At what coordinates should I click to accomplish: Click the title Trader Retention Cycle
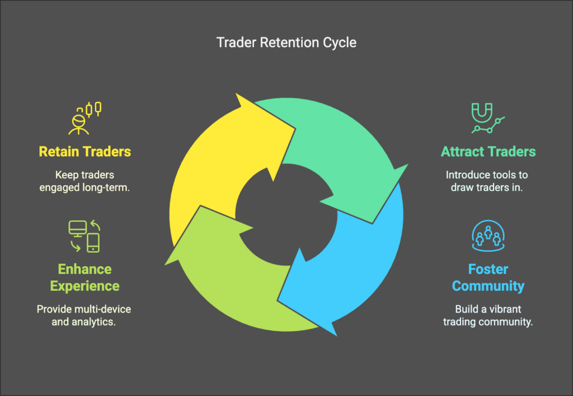(x=286, y=43)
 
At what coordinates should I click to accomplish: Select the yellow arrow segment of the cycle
(x=207, y=168)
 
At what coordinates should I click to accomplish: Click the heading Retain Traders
(x=84, y=152)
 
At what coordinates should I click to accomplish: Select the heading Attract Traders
(x=488, y=152)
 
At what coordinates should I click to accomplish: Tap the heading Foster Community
(x=488, y=277)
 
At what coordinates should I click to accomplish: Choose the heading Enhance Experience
(x=84, y=277)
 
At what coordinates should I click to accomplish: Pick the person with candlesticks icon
(x=85, y=118)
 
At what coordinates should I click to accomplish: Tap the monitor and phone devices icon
(x=84, y=236)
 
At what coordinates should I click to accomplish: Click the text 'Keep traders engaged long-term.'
(x=84, y=181)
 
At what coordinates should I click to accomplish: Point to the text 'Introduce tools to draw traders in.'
(x=487, y=181)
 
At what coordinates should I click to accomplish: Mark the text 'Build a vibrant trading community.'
(x=487, y=315)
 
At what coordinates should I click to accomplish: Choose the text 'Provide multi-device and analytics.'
(x=84, y=315)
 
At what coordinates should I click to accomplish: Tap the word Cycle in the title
(x=338, y=43)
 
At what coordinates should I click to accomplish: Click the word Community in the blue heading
(x=488, y=286)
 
